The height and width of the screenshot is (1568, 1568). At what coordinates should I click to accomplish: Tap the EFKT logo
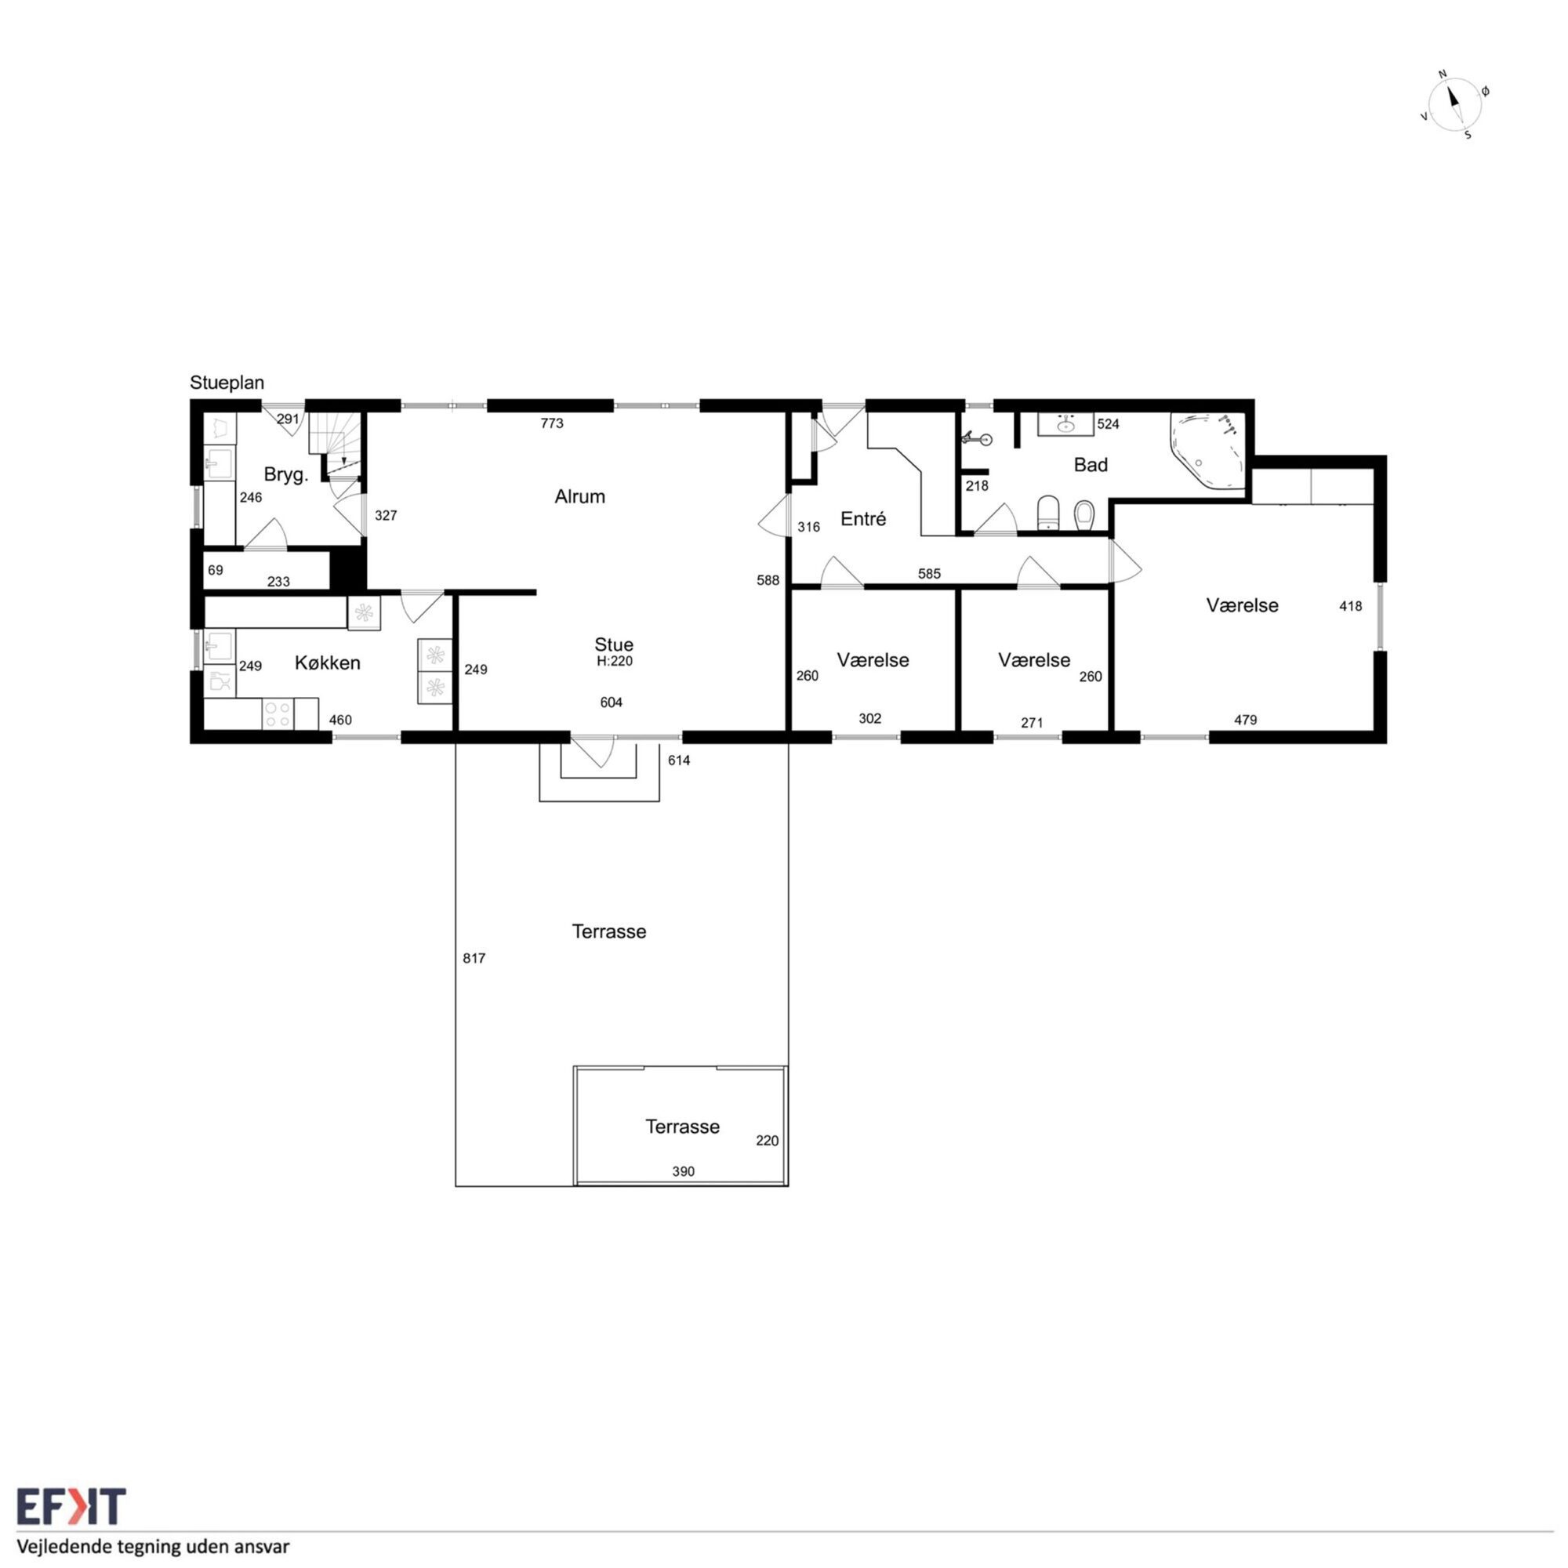point(71,1506)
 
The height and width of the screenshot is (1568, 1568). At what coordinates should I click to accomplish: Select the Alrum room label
point(579,496)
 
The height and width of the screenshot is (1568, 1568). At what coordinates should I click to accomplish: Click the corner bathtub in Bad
point(1207,452)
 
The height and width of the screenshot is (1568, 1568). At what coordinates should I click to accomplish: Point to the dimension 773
point(552,423)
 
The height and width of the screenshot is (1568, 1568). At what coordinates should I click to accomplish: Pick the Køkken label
point(327,663)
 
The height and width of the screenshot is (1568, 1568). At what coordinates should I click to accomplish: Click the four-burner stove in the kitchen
point(278,714)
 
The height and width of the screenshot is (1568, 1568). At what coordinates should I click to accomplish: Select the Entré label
point(862,518)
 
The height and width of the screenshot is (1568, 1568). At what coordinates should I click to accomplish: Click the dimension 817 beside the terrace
point(474,959)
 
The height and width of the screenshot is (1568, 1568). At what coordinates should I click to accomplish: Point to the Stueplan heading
point(227,383)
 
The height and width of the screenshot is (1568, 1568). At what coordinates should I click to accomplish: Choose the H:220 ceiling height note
point(615,662)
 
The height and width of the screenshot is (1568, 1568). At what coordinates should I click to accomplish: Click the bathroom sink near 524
point(1065,424)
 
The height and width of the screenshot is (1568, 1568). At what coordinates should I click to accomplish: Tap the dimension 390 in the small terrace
point(684,1171)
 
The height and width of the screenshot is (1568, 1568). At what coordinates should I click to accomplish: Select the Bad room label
point(1091,464)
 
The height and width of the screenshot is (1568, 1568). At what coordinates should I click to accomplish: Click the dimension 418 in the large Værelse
point(1351,605)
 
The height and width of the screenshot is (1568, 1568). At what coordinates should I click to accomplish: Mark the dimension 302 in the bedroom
point(870,718)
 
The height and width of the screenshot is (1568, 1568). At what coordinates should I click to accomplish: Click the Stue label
point(614,645)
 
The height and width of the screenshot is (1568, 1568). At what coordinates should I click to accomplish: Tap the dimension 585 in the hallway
point(929,574)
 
